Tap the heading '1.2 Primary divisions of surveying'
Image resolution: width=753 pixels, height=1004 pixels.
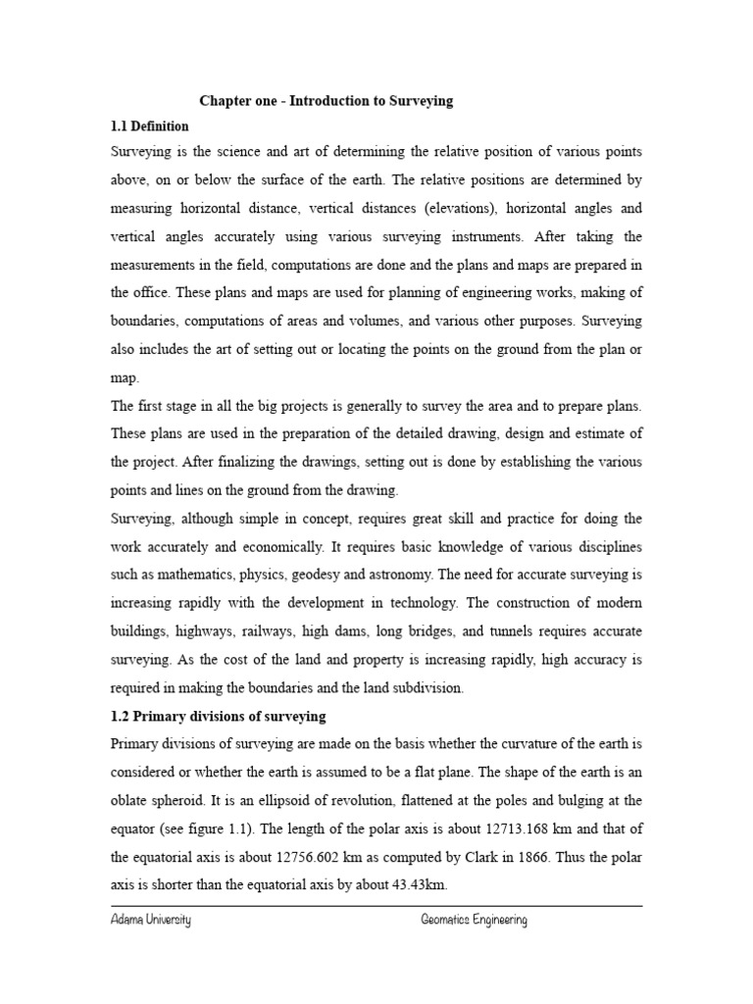(218, 717)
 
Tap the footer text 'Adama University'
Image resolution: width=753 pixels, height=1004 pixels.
(150, 921)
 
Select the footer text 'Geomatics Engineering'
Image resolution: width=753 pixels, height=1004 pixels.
(474, 921)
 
